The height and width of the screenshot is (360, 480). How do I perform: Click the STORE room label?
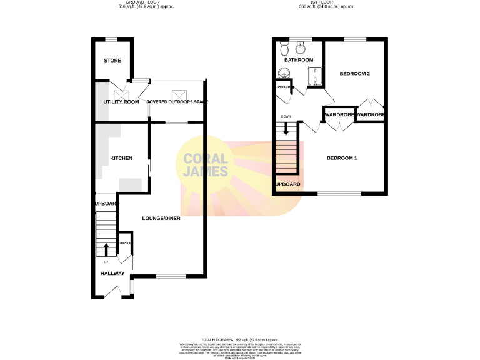(112, 61)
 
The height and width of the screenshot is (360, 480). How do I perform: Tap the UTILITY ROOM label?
(121, 101)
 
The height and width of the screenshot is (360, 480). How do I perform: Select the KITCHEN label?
(121, 158)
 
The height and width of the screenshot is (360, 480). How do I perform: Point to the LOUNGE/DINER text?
(161, 218)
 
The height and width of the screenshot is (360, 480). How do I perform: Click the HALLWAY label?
(113, 274)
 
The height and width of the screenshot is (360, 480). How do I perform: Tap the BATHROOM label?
(299, 60)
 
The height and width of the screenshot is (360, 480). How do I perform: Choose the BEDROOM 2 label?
(355, 74)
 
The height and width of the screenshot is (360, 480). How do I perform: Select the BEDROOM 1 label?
(342, 158)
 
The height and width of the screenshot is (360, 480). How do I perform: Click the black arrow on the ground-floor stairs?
(106, 249)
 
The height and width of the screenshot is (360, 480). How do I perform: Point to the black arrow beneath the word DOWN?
(286, 128)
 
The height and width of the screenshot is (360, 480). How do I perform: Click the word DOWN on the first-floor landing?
(286, 117)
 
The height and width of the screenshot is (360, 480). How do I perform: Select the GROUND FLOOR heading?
(146, 2)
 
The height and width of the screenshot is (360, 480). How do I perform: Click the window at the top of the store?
(112, 40)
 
